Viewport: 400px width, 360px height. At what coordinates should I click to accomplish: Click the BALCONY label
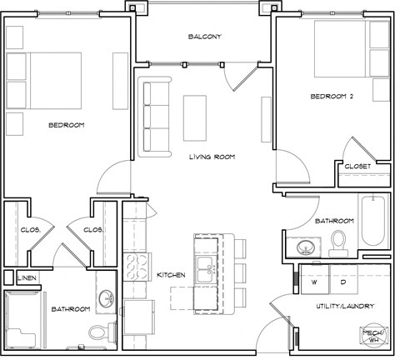tap(204, 37)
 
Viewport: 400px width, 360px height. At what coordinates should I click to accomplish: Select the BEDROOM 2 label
tap(332, 97)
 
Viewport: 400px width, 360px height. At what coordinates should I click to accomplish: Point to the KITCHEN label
tap(172, 274)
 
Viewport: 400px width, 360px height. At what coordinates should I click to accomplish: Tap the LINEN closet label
tap(27, 277)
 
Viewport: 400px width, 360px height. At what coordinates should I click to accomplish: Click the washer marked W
tap(316, 282)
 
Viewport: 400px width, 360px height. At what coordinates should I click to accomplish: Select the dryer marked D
tap(342, 282)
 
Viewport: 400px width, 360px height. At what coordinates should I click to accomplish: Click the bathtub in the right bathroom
tap(374, 221)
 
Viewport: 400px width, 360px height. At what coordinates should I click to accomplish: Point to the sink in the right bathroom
tap(303, 247)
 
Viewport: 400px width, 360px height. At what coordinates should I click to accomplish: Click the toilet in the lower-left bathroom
tap(97, 332)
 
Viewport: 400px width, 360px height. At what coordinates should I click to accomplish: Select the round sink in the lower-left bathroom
tap(107, 298)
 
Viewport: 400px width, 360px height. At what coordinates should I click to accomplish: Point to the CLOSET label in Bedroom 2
tap(357, 166)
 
